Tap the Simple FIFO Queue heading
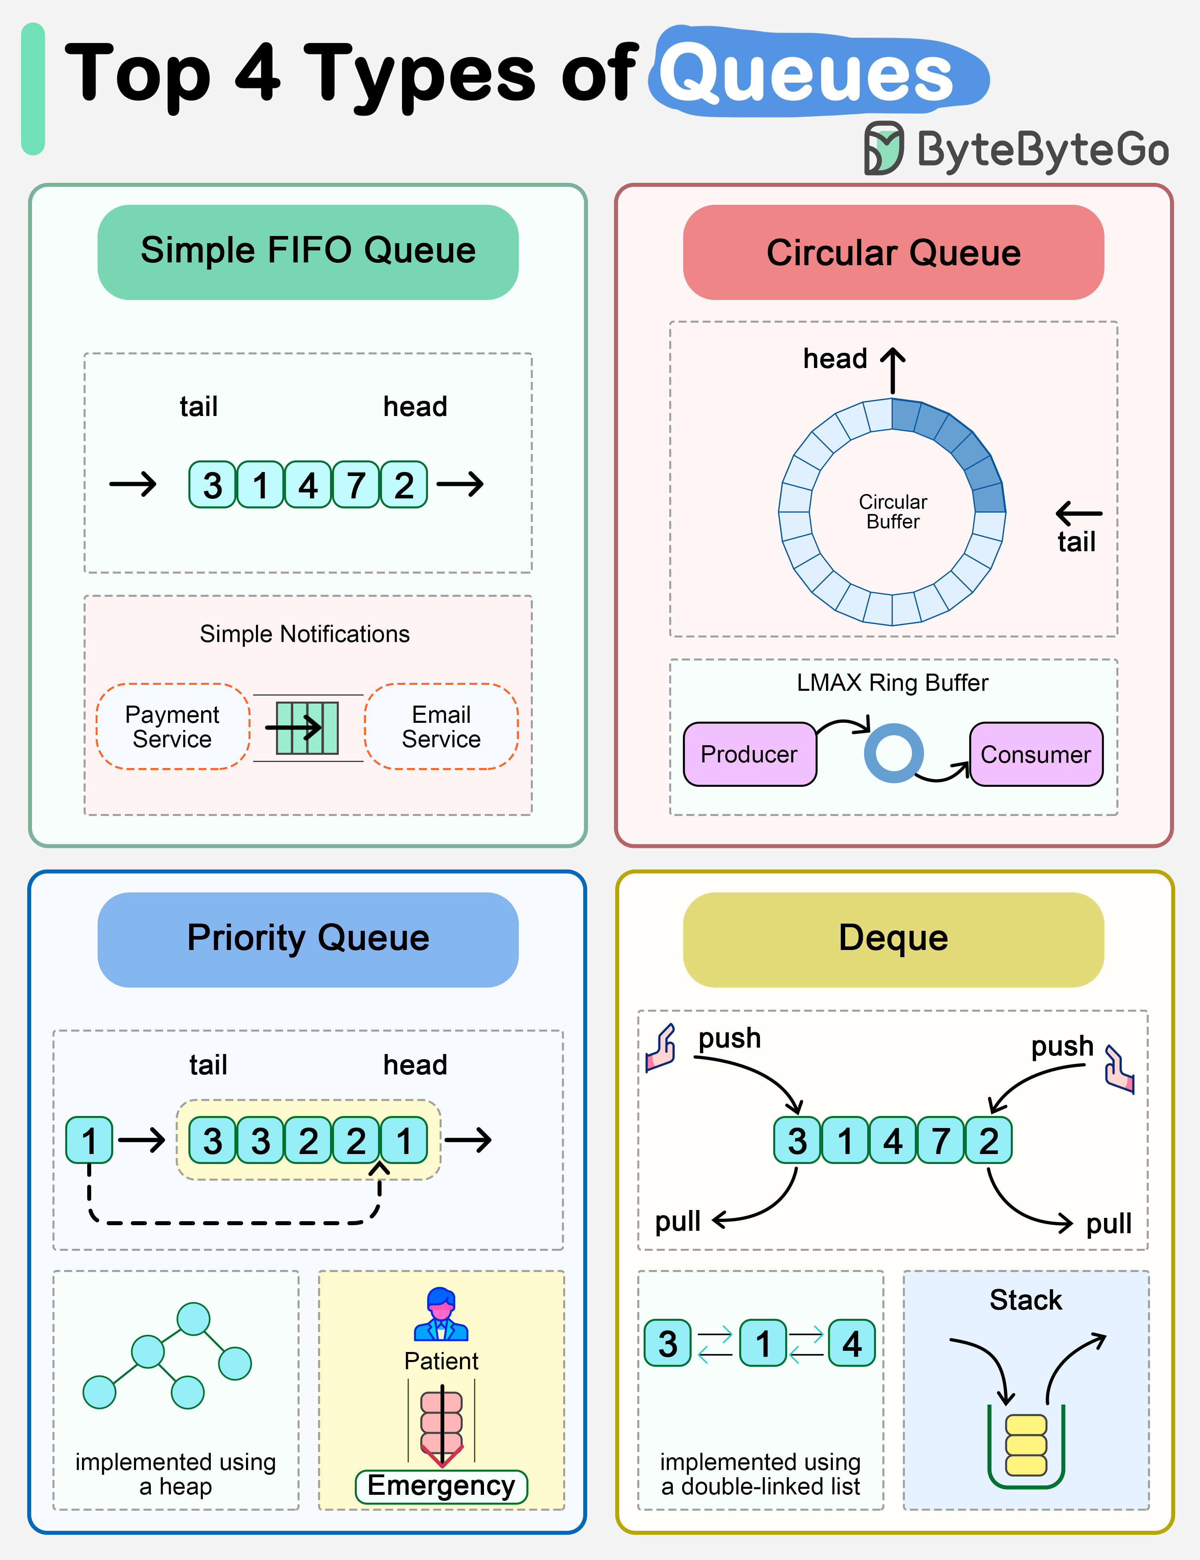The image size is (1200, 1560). tap(308, 252)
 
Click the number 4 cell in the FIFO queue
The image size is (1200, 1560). tap(308, 485)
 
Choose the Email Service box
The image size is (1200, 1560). tap(442, 726)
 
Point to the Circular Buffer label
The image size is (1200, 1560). tap(893, 512)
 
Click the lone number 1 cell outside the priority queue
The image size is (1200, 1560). tap(89, 1140)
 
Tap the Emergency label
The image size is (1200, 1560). tap(442, 1486)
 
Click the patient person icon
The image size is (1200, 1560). tap(442, 1314)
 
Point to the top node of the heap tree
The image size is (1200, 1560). tap(194, 1318)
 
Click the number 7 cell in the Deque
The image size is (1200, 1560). tap(941, 1140)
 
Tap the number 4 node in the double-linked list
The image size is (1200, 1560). tap(852, 1343)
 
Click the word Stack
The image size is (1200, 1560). tap(1026, 1300)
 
